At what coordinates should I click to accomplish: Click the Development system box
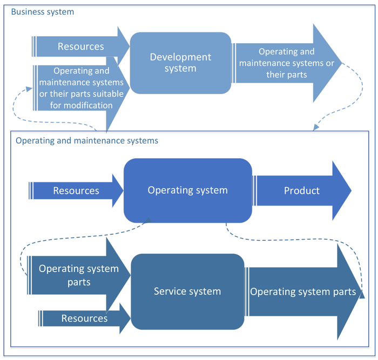tap(180, 63)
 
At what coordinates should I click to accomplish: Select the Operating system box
tap(187, 191)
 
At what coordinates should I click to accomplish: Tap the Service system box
tap(187, 291)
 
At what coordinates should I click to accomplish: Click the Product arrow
tap(302, 191)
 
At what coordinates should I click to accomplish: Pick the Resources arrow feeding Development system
tap(81, 46)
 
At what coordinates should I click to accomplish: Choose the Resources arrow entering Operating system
tap(76, 191)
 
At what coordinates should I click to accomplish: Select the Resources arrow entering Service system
tap(84, 318)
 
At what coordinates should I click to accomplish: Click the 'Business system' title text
tap(43, 11)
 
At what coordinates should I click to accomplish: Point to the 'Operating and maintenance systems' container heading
tap(87, 140)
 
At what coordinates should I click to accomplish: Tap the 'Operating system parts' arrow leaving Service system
tap(302, 292)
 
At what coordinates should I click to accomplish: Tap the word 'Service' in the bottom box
tap(170, 291)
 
